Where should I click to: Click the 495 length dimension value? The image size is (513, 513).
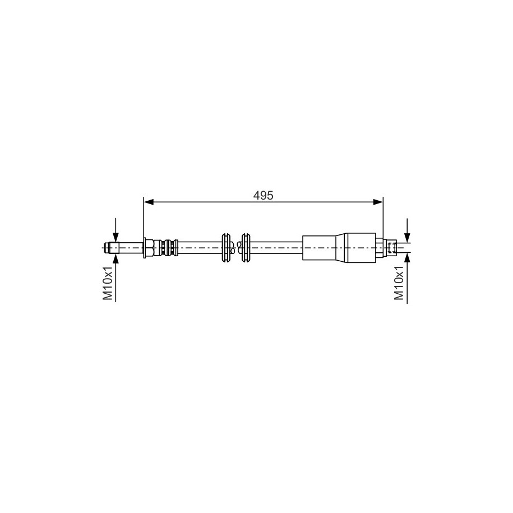pos(263,195)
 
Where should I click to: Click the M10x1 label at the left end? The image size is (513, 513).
pos(108,283)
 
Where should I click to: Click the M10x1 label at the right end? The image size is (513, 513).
pos(399,283)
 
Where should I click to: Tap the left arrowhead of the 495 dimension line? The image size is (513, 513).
pos(149,202)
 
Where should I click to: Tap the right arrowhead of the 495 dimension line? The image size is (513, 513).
pos(378,202)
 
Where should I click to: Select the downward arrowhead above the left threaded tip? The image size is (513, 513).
pos(115,237)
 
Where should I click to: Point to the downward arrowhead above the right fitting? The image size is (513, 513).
pos(407,237)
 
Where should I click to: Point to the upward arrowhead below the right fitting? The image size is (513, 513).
pos(407,258)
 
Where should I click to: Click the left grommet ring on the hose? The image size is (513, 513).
pos(225,248)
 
